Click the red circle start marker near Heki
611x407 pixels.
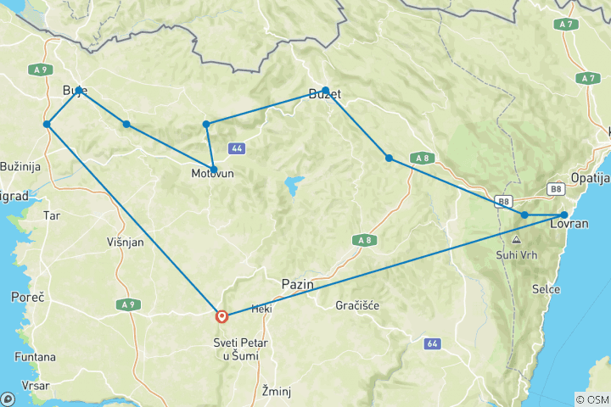[x=221, y=316]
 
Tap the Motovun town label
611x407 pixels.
[x=212, y=175]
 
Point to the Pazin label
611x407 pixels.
[x=297, y=285]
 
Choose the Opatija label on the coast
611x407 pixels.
[x=589, y=179]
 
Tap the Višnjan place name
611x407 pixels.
[x=125, y=241]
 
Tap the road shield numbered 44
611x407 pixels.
[x=237, y=148]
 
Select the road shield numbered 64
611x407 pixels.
[x=432, y=343]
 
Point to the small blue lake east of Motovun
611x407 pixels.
[x=294, y=183]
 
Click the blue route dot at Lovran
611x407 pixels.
[x=564, y=215]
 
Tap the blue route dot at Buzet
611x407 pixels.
[x=326, y=90]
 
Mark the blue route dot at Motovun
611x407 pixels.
[x=214, y=169]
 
